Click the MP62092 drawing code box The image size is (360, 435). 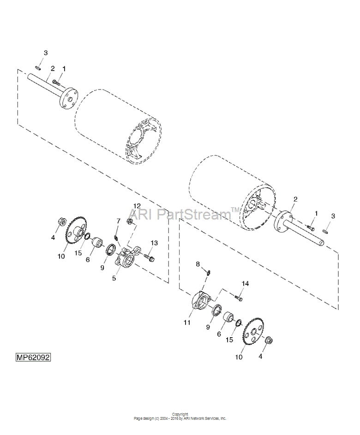[33, 357]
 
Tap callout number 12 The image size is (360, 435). [137, 206]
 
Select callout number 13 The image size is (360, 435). [154, 243]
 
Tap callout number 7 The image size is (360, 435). [118, 221]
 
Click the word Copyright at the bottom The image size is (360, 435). [180, 414]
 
